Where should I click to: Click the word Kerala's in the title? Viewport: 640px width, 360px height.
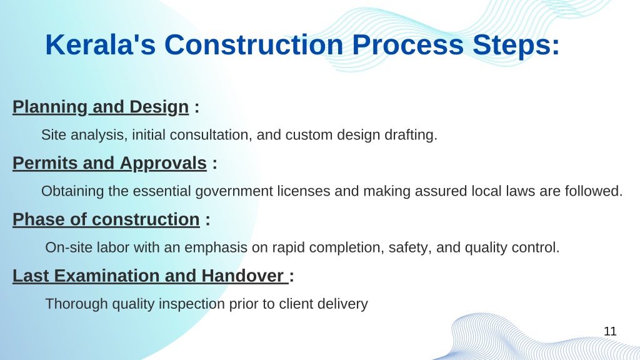pyautogui.click(x=101, y=44)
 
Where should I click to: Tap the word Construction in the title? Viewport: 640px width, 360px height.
pyautogui.click(x=254, y=44)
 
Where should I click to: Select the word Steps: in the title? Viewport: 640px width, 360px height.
pyautogui.click(x=516, y=45)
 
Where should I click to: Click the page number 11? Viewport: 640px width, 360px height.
pyautogui.click(x=610, y=331)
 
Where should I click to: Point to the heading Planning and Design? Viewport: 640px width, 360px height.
pyautogui.click(x=101, y=107)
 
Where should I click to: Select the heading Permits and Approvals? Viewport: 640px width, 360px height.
pyautogui.click(x=110, y=164)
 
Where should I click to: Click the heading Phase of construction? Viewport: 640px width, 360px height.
pyautogui.click(x=106, y=219)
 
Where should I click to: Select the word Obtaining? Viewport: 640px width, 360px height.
pyautogui.click(x=72, y=191)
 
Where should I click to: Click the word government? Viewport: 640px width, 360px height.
pyautogui.click(x=234, y=191)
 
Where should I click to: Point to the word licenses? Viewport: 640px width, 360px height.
pyautogui.click(x=304, y=191)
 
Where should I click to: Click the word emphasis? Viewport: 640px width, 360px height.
pyautogui.click(x=216, y=247)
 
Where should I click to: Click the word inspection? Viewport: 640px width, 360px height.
pyautogui.click(x=191, y=304)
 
